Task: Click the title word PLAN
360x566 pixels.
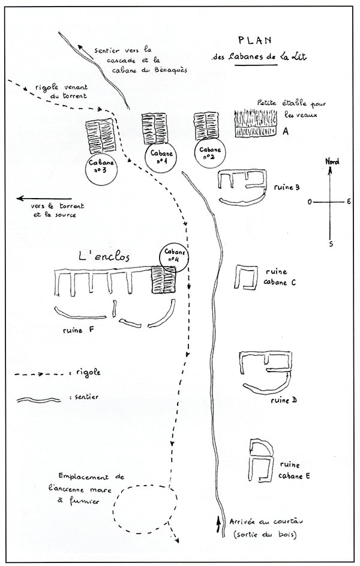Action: [x=254, y=41]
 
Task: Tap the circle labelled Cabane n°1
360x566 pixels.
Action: [x=160, y=158]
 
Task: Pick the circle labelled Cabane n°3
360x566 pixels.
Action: [x=97, y=167]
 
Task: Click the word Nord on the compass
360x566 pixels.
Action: [x=331, y=161]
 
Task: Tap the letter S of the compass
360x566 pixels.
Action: [x=331, y=243]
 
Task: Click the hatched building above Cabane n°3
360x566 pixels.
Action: [x=100, y=136]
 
